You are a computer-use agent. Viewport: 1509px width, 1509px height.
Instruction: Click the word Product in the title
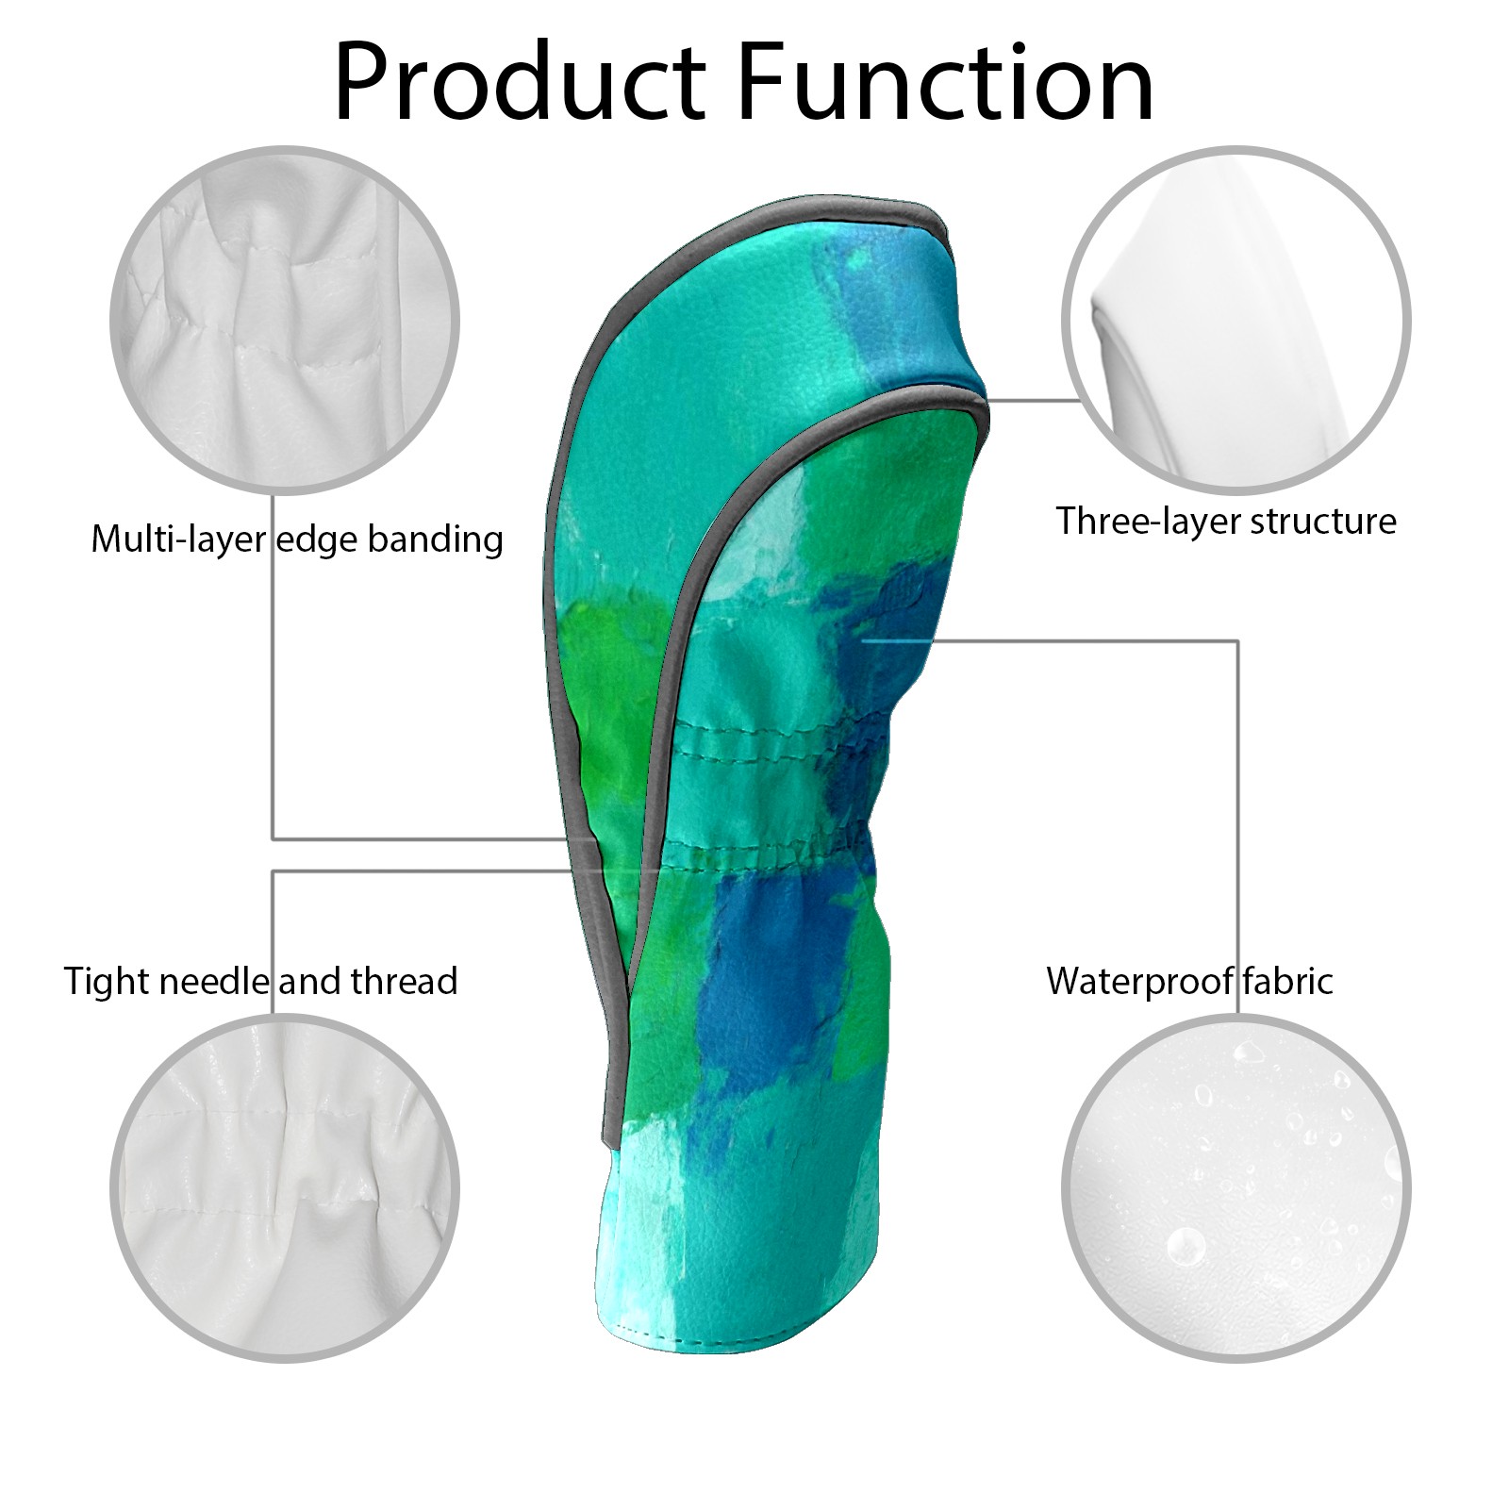[520, 83]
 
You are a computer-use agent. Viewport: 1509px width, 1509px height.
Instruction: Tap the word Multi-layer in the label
[179, 539]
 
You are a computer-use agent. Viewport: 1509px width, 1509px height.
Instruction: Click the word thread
[405, 982]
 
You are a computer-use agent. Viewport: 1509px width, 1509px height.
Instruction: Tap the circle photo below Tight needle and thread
[285, 1189]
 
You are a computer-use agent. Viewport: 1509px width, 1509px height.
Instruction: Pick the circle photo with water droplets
[1236, 1189]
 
